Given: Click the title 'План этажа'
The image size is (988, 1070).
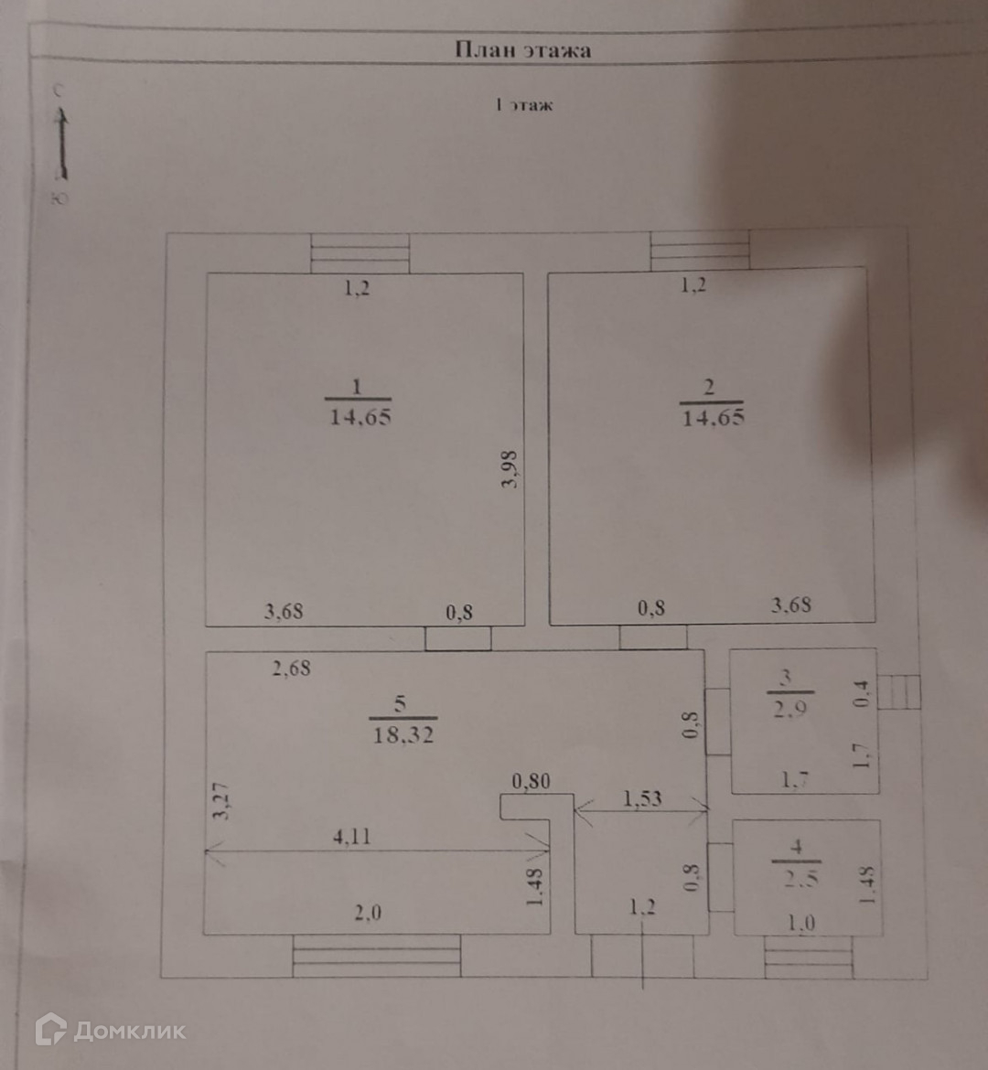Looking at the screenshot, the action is coord(522,49).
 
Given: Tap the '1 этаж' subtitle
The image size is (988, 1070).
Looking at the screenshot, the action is coord(524,105).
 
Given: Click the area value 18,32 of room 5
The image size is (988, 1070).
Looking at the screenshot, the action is coord(403,734).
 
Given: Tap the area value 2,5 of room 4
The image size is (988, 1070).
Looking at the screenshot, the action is coord(796,879).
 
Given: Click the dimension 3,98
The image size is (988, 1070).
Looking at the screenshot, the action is coord(510,468).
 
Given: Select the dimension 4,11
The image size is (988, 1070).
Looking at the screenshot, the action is coord(352,835).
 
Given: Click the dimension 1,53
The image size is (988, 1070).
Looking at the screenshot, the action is coord(642,797).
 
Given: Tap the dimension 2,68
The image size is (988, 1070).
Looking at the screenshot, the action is coord(292,668).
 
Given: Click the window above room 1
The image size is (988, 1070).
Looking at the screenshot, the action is coord(360,253).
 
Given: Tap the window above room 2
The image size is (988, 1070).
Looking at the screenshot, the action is coord(700,251).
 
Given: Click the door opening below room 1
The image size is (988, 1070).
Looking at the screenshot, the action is coord(458,638).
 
